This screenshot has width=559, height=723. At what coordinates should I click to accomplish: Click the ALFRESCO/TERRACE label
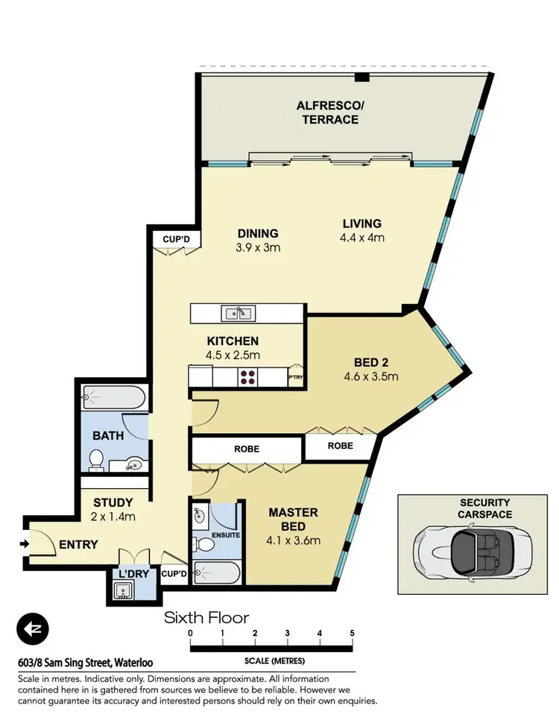[328, 113]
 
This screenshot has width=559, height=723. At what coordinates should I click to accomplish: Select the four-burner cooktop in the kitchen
[248, 378]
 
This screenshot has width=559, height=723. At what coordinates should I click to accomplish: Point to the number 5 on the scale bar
[352, 633]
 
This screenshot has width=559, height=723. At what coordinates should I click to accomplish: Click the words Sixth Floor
[206, 617]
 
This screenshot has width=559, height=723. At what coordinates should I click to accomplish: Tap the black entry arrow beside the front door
[25, 544]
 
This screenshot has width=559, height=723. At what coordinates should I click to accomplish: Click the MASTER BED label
[294, 520]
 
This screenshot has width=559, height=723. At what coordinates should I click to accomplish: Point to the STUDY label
[113, 502]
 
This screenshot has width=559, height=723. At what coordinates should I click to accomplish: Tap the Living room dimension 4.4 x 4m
[361, 239]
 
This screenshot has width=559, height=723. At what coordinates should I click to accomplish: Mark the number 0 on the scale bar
[191, 633]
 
